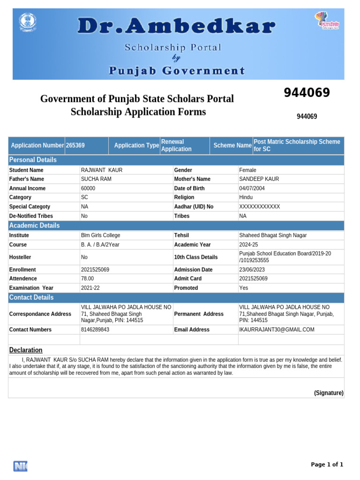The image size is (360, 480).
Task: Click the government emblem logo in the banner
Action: pos(27,22)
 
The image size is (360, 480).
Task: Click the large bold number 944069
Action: pos(307,93)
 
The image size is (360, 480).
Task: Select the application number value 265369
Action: pos(75,145)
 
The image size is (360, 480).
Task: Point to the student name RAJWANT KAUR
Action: pos(101,170)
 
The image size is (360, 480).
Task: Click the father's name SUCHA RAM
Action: pos(96,179)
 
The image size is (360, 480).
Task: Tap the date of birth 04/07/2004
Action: pos(252,188)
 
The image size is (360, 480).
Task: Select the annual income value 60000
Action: pos(88,188)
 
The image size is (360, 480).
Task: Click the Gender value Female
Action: pos(247,170)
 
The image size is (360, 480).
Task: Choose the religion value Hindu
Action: pos(246,197)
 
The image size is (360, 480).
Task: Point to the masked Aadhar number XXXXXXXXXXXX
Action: pos(259,207)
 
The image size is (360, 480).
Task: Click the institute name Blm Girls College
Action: pos(100,235)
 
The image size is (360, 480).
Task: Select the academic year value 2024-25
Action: pos(248,245)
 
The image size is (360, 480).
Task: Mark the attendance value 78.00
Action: pos(87,278)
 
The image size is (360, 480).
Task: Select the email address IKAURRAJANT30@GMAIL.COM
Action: pos(277,330)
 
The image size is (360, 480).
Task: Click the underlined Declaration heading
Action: pos(26,350)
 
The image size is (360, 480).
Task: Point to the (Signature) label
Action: pos(329,393)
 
